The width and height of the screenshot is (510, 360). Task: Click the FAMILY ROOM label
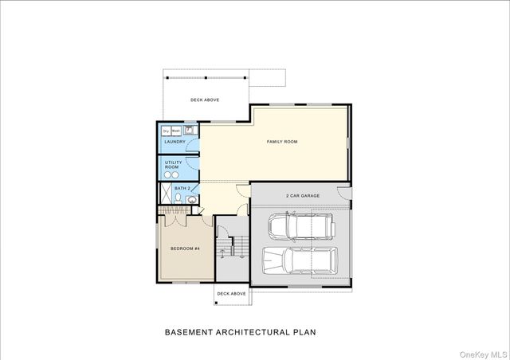pos(281,142)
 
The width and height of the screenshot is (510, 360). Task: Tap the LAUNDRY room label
pos(175,143)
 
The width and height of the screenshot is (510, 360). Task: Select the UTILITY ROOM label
pos(173,164)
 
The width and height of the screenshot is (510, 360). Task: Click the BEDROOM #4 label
pos(184,249)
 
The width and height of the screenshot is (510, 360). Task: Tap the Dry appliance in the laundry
pos(166,131)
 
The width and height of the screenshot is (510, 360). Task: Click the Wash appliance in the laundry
pos(176,131)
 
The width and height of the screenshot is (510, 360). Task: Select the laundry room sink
pos(190,129)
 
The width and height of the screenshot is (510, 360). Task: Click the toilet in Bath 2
pos(192,189)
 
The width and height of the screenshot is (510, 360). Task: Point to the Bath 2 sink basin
pos(192,201)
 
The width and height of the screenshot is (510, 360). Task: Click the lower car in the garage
pos(298,261)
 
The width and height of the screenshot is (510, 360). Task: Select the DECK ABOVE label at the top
pos(205,100)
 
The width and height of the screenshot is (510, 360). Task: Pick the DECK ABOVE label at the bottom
pos(232,294)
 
